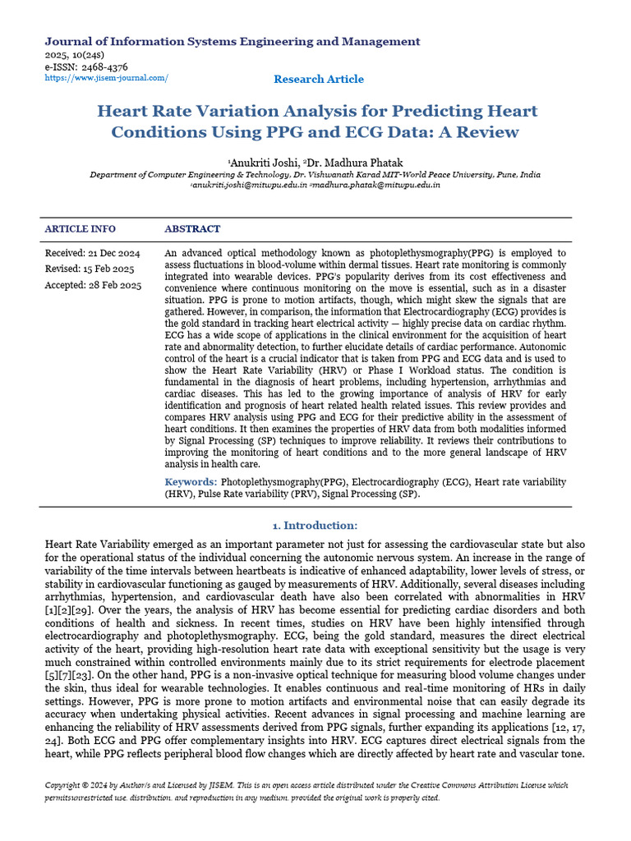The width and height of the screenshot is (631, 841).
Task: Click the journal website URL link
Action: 106,78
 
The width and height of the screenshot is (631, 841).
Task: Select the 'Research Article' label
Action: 319,79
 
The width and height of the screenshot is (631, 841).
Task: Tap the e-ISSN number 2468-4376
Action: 86,67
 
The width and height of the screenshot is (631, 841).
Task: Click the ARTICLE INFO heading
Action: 80,229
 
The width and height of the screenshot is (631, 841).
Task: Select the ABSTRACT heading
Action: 192,229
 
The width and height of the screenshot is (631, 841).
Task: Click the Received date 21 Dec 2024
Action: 92,253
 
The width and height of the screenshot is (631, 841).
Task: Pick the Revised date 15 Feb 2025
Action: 89,269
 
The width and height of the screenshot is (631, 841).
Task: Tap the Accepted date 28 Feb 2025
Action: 92,286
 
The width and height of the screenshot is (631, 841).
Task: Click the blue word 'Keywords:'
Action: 191,482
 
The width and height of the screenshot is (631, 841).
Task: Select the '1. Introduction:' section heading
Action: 315,526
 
